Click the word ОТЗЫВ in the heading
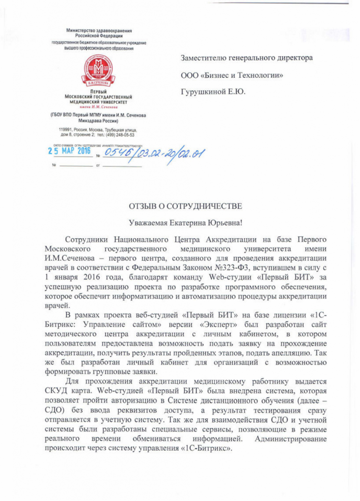[x=146, y=206]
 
